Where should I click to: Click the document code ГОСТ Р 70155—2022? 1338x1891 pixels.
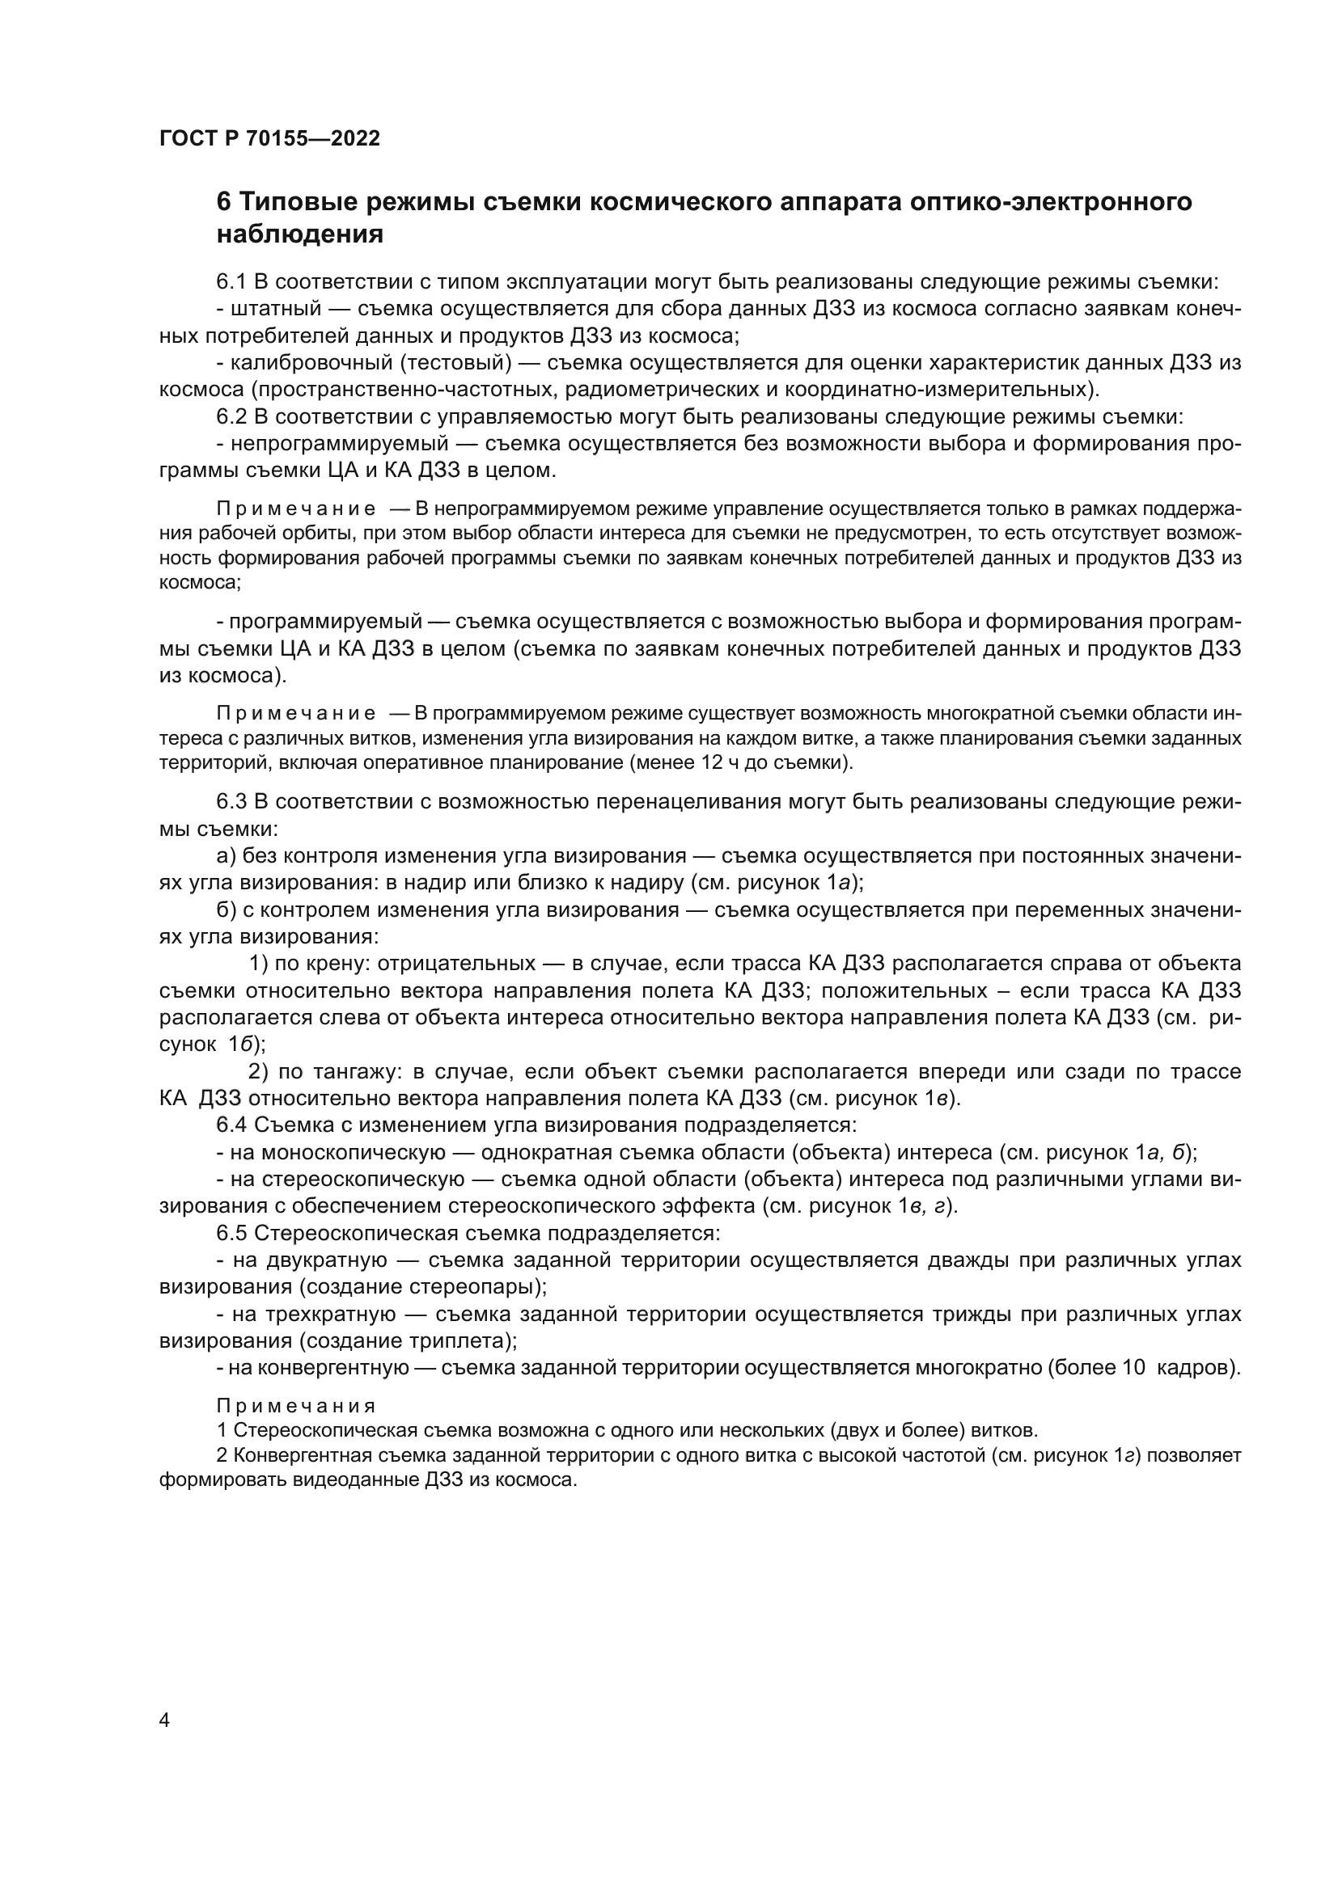click(x=269, y=138)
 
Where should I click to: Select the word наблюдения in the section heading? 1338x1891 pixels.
click(x=300, y=234)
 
